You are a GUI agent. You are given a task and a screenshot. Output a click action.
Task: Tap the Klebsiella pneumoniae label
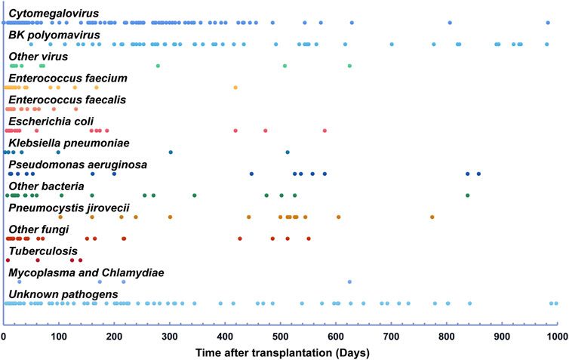pyautogui.click(x=69, y=143)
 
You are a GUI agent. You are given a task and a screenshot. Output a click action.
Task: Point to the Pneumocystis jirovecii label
pyautogui.click(x=67, y=207)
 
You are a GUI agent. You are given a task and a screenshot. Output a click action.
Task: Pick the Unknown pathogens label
pyautogui.click(x=54, y=294)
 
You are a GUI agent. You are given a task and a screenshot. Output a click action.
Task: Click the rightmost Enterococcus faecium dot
pyautogui.click(x=235, y=88)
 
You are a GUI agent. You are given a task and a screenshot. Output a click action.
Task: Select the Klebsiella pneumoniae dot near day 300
pyautogui.click(x=171, y=152)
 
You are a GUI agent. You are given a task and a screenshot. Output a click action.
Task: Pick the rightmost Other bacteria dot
pyautogui.click(x=468, y=195)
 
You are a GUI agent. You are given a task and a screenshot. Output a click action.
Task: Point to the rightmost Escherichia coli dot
pyautogui.click(x=324, y=131)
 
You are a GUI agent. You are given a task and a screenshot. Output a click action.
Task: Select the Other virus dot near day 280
pyautogui.click(x=158, y=66)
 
